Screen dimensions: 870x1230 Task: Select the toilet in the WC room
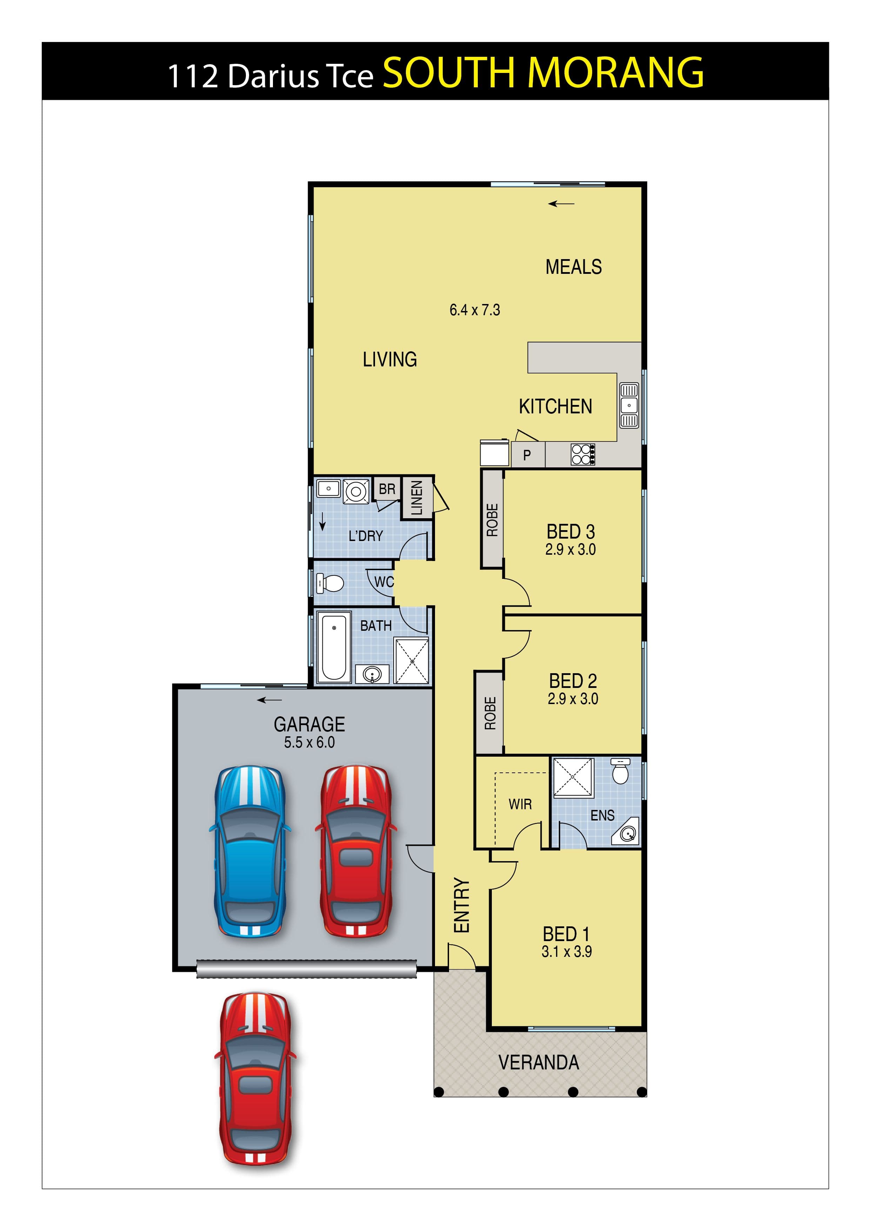[330, 583]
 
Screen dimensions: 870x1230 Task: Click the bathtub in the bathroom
[334, 647]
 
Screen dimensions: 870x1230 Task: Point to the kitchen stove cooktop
[583, 454]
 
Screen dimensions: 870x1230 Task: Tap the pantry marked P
[528, 455]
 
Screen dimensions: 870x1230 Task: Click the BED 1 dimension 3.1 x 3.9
[567, 952]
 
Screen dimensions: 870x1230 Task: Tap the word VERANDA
[539, 1062]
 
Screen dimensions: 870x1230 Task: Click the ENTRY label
[462, 905]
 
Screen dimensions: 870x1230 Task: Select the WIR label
[520, 804]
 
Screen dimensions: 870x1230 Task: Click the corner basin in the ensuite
[627, 833]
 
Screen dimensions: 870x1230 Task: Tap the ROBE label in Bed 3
[492, 520]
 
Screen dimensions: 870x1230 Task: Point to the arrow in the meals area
[561, 204]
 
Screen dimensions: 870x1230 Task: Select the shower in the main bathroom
[412, 661]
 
